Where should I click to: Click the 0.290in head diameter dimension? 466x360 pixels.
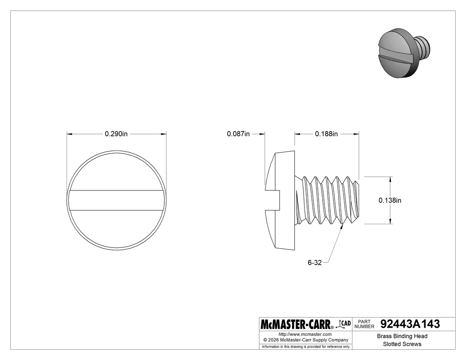(116, 134)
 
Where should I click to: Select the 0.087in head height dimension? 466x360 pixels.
(238, 134)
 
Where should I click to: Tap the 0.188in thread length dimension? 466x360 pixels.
(326, 134)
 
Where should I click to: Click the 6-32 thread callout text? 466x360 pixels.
(314, 262)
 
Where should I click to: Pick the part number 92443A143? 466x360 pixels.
(410, 324)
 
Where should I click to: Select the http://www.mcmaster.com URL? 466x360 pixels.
(305, 334)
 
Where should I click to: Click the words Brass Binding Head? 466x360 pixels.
(402, 336)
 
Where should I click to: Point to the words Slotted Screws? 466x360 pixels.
(402, 344)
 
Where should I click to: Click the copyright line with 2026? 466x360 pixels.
(305, 340)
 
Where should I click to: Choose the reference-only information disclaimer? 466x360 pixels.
(306, 346)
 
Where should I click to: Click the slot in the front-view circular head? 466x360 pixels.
(116, 200)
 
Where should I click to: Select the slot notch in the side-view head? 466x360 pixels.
(272, 200)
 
